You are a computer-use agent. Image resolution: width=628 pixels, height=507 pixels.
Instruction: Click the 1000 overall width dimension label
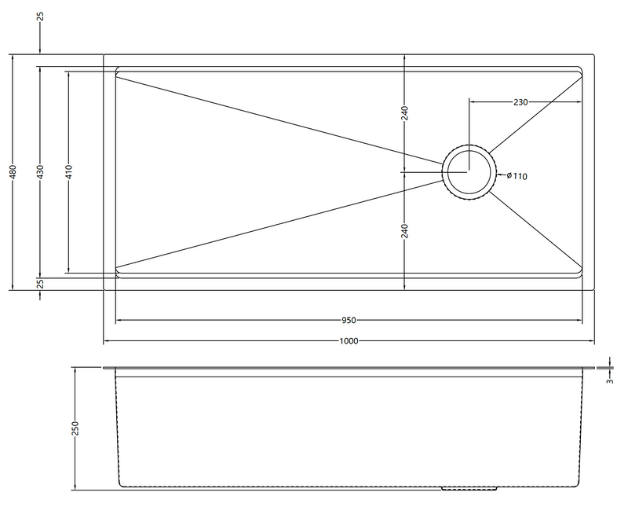coord(349,341)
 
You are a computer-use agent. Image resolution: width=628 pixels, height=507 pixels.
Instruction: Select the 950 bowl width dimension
coord(349,320)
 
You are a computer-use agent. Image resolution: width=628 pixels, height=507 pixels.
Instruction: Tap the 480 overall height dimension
coord(13,171)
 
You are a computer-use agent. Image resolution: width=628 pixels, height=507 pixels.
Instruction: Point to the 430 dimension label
coord(40,171)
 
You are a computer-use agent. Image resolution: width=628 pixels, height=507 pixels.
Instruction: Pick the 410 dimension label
coord(68,171)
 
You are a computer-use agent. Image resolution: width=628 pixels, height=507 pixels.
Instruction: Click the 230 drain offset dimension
coord(520,102)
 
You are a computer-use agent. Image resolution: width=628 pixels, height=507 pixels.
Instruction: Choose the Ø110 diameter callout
coord(517,176)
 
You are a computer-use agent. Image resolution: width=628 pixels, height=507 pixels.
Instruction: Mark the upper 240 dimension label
coord(404,113)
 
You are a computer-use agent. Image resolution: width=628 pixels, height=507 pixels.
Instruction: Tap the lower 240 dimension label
coord(404,231)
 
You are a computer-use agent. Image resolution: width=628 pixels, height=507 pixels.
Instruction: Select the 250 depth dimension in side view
coord(75,428)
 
